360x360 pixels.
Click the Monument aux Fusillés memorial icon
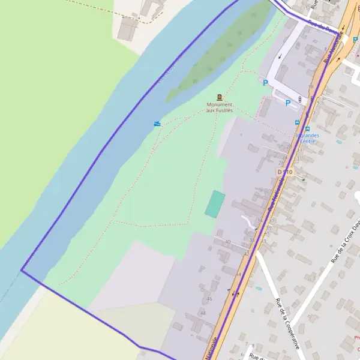[220, 97]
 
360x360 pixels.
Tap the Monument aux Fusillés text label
[219, 107]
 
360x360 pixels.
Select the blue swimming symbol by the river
[157, 124]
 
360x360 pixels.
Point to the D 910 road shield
[285, 172]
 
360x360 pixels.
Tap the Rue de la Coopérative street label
[287, 324]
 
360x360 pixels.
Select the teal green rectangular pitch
[215, 204]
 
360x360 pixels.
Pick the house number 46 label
[209, 298]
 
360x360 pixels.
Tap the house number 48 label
[203, 313]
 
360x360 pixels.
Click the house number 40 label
[227, 241]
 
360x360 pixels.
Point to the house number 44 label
[238, 274]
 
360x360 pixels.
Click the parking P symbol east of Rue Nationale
[355, 40]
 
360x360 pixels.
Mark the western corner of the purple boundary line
[22, 270]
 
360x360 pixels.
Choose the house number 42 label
[246, 254]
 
